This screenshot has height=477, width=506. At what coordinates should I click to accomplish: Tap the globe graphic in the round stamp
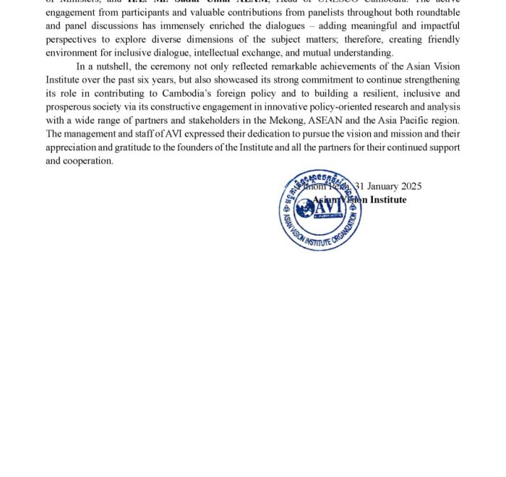click(306, 208)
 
